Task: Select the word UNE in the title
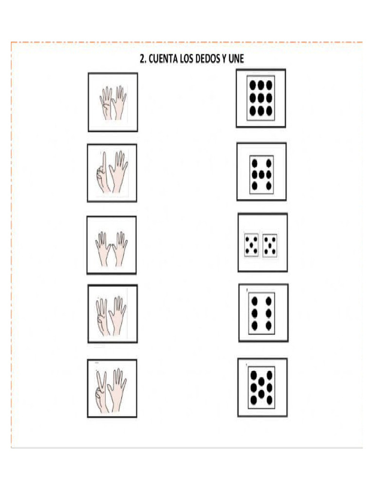[x=237, y=59]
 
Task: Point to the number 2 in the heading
[x=142, y=59]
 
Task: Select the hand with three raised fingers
[x=102, y=316]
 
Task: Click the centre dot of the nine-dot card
[x=261, y=97]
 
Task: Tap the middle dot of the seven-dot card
[x=262, y=174]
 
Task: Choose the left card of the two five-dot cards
[x=251, y=245]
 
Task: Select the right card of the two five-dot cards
[x=270, y=245]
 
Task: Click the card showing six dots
[x=262, y=313]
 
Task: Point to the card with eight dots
[x=262, y=387]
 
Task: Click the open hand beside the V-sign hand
[x=118, y=389]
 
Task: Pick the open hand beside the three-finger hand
[x=117, y=315]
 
